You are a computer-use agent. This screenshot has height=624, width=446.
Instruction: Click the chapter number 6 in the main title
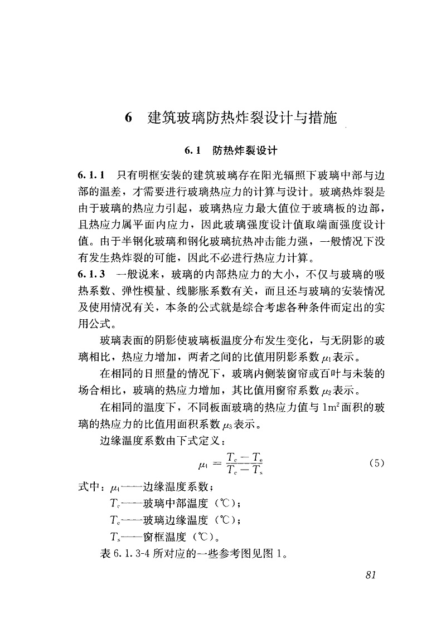[x=128, y=118]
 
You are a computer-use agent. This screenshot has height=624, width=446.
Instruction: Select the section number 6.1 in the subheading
[x=192, y=150]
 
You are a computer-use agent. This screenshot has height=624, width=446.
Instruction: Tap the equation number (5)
[x=377, y=463]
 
